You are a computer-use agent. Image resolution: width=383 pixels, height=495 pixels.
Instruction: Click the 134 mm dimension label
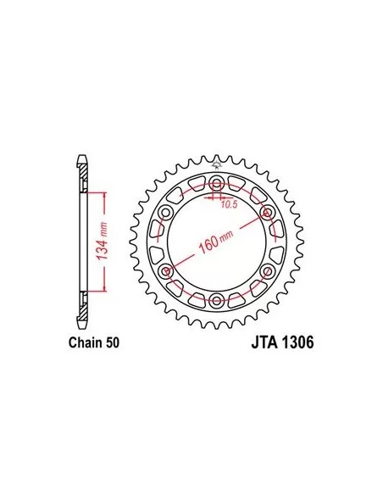pos(103,241)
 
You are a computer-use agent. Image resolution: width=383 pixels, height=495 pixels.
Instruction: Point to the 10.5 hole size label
pos(229,204)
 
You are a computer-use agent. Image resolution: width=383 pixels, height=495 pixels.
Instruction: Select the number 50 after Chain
pos(113,342)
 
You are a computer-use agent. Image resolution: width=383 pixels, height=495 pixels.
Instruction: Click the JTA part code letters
pos(264,342)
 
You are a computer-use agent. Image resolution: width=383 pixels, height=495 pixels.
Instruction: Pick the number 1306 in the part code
pos(297,342)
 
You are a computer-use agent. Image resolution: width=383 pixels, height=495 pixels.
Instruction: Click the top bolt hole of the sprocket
pos(216,182)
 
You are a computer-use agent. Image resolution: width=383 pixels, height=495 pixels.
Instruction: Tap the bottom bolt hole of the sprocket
pos(216,299)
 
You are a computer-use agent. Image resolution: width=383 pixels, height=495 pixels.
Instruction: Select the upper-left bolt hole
pos(165,212)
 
